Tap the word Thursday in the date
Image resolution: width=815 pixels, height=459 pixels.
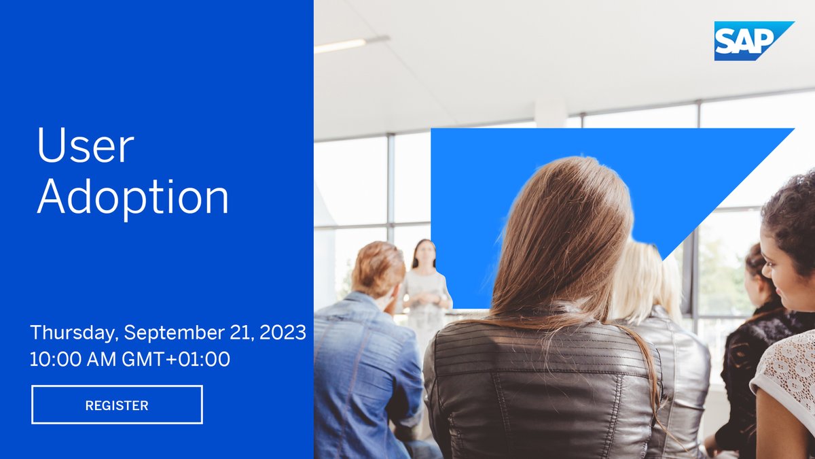pyautogui.click(x=73, y=333)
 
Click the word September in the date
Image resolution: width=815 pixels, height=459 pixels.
pyautogui.click(x=174, y=333)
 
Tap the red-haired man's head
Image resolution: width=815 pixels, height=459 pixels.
pyautogui.click(x=378, y=267)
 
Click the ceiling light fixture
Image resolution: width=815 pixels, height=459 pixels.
pyautogui.click(x=340, y=46)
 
